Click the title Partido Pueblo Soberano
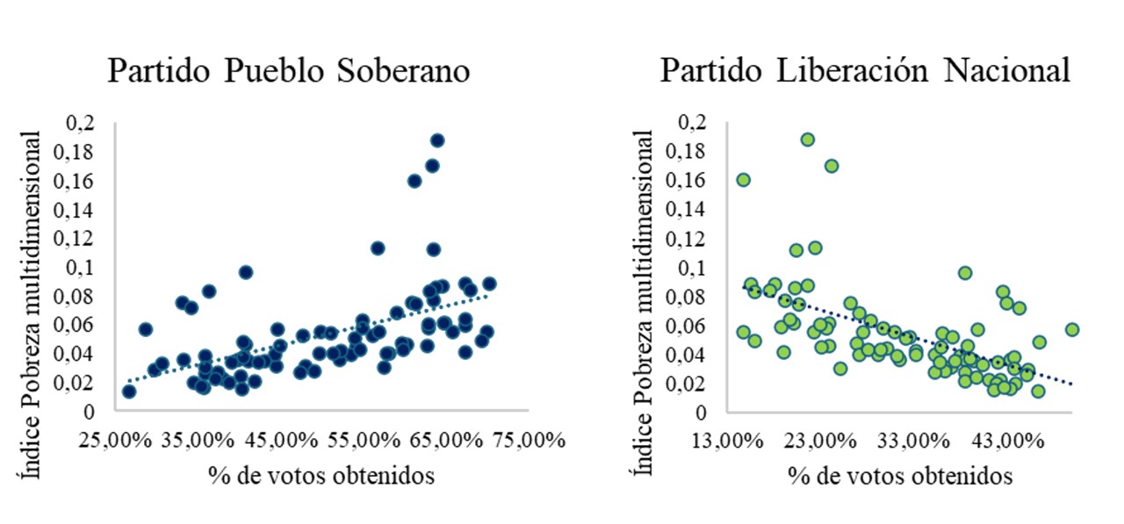tap(288, 71)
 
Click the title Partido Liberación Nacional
tap(865, 71)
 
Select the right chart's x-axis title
tap(900, 476)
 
